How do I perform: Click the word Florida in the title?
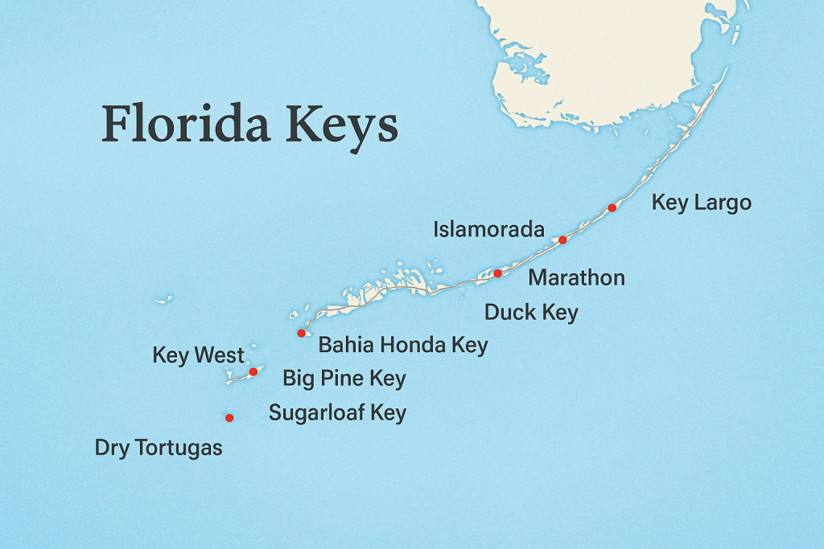pos(183,124)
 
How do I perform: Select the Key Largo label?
pos(701,202)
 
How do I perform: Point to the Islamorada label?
pos(488,229)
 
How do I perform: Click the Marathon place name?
pos(576,278)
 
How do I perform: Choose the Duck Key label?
pos(531,312)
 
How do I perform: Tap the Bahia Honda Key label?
pos(403,346)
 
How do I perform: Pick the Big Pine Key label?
pos(344,378)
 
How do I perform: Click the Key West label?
pos(198,355)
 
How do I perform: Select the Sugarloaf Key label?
pos(337,413)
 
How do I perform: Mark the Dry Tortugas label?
pos(159,448)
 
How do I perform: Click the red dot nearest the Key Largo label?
pos(612,208)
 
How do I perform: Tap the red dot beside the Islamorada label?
pos(562,240)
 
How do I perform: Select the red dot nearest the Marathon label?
pos(497,273)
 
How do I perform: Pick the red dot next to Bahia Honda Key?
pos(301,333)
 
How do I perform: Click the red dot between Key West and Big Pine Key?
pos(253,371)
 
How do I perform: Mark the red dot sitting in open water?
pos(229,417)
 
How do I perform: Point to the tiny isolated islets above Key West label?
pos(163,300)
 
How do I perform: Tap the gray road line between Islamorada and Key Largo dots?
pos(587,224)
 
